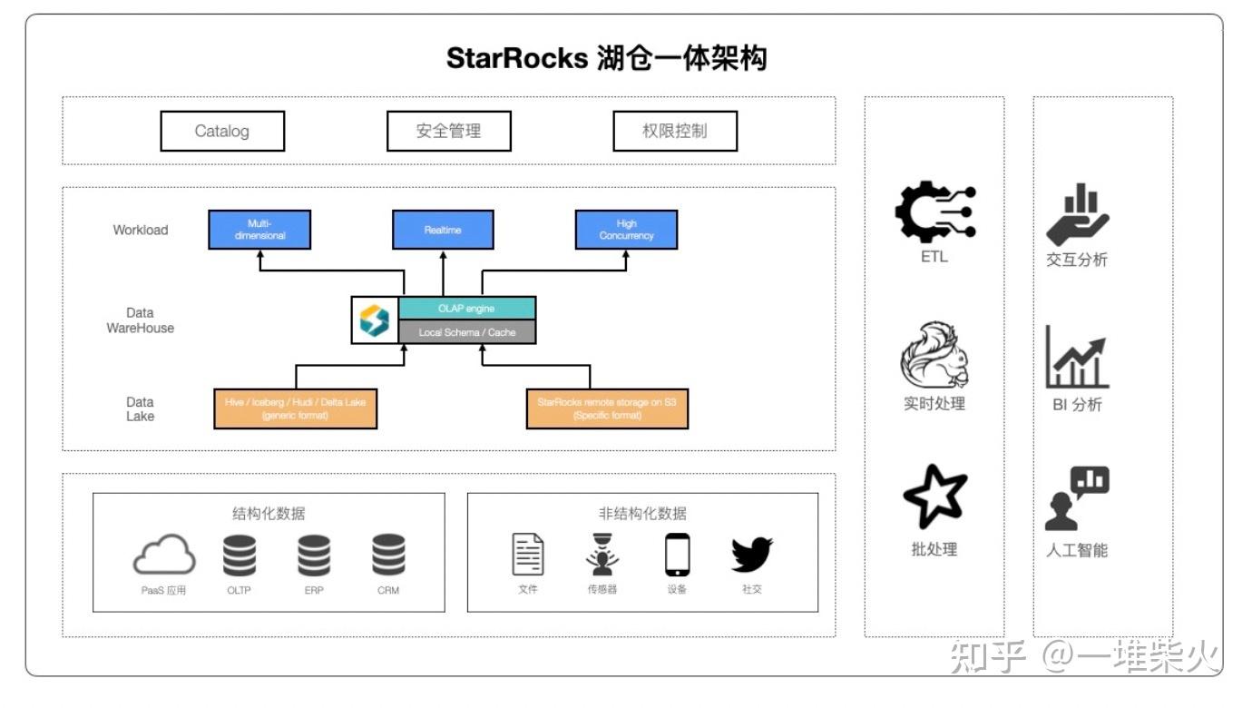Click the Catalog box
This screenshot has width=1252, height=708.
tap(222, 131)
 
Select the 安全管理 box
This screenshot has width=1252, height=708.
tap(448, 131)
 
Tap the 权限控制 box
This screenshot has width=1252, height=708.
tap(674, 131)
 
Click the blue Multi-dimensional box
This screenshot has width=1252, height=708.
tap(259, 230)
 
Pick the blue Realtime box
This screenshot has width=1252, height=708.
tap(443, 230)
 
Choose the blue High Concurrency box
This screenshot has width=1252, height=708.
tap(626, 230)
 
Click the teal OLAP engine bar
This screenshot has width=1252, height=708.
tap(467, 308)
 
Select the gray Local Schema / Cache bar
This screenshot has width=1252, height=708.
tap(467, 332)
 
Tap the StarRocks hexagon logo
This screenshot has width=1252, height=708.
tap(375, 320)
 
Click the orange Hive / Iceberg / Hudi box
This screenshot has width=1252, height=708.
tap(295, 408)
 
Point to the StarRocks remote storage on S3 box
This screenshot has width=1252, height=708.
tap(607, 408)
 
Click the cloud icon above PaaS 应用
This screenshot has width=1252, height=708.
tap(164, 555)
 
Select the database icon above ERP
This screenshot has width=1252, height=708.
tap(314, 555)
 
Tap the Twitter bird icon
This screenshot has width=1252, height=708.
tap(751, 555)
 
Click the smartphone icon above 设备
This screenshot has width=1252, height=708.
tap(677, 555)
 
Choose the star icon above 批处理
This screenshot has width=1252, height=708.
tap(934, 497)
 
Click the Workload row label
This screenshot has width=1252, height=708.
tap(141, 230)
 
